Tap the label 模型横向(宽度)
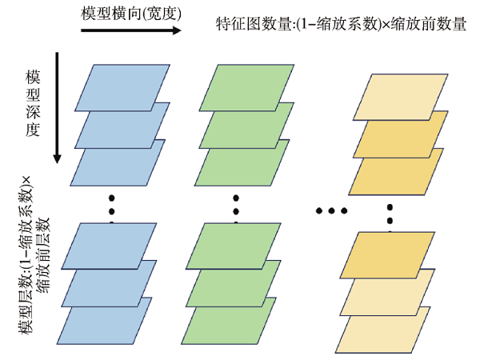[x=131, y=13]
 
